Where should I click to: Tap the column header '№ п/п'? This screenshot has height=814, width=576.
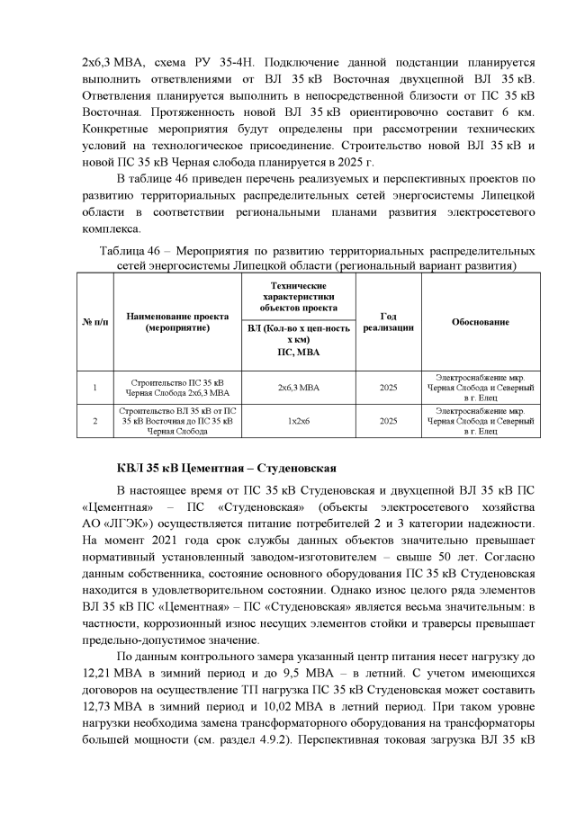click(94, 322)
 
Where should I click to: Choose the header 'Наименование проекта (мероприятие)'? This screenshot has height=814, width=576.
click(176, 322)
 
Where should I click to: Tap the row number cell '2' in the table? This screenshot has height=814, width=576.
click(94, 420)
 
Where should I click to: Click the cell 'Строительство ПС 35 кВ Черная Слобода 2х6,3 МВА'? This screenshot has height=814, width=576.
click(176, 388)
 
